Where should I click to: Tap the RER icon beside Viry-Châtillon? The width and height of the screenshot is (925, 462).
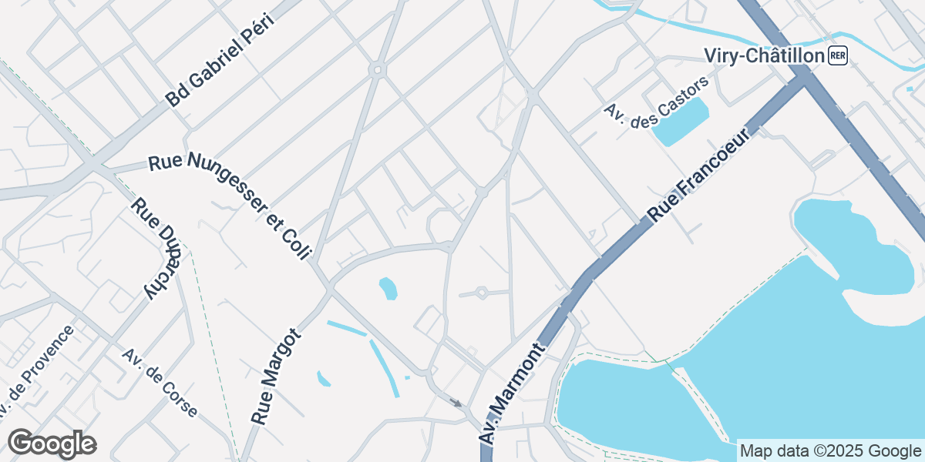(x=838, y=55)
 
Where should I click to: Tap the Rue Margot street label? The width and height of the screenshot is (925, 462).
(x=275, y=377)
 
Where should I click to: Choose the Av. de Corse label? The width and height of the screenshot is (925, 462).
(x=160, y=383)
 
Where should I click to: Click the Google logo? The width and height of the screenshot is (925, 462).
(x=52, y=444)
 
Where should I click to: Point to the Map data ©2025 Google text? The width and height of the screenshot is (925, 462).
(x=829, y=450)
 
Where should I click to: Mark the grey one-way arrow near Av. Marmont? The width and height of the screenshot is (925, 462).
(x=456, y=402)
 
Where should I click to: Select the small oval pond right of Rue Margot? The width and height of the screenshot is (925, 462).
(x=388, y=289)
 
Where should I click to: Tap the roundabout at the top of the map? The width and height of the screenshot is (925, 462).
(x=377, y=70)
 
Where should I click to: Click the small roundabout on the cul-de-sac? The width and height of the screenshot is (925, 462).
(x=482, y=293)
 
